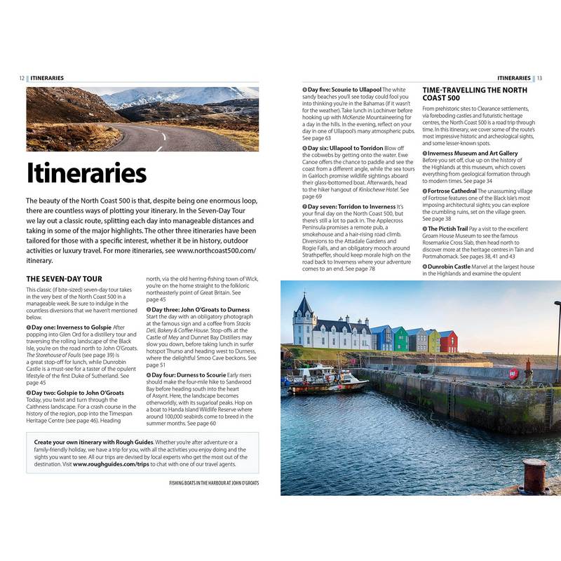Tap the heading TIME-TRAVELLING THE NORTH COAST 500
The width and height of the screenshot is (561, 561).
click(x=475, y=95)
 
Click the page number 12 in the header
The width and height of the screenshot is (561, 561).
click(x=22, y=78)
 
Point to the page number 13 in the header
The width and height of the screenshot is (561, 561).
click(x=539, y=78)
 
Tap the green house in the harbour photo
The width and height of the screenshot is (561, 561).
click(x=400, y=339)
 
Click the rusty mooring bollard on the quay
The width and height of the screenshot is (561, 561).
click(x=535, y=477)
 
